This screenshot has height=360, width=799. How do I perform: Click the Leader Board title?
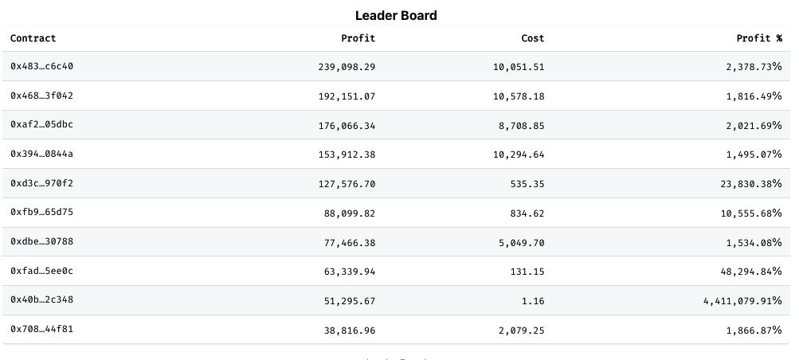pos(396,15)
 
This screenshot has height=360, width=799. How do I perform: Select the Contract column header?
pos(33,38)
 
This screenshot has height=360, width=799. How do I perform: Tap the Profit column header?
pos(358,38)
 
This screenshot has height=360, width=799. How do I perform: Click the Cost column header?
pos(532,38)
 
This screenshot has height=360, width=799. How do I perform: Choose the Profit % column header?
pos(759,38)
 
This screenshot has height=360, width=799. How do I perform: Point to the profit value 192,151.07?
pos(347,96)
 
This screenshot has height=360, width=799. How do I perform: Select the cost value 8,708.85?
pos(522,125)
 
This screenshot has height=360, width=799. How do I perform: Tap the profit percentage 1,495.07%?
pos(754,155)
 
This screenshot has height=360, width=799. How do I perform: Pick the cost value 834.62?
pos(527,213)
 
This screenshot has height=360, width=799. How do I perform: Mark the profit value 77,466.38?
pos(350,242)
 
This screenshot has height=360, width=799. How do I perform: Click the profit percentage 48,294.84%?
pos(750,272)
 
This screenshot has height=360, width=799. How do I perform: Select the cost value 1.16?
pos(534,300)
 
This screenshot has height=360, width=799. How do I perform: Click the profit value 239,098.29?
pos(347,67)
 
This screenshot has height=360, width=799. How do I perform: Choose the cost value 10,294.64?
pos(519,155)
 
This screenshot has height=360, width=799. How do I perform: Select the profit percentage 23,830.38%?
pos(750,184)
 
